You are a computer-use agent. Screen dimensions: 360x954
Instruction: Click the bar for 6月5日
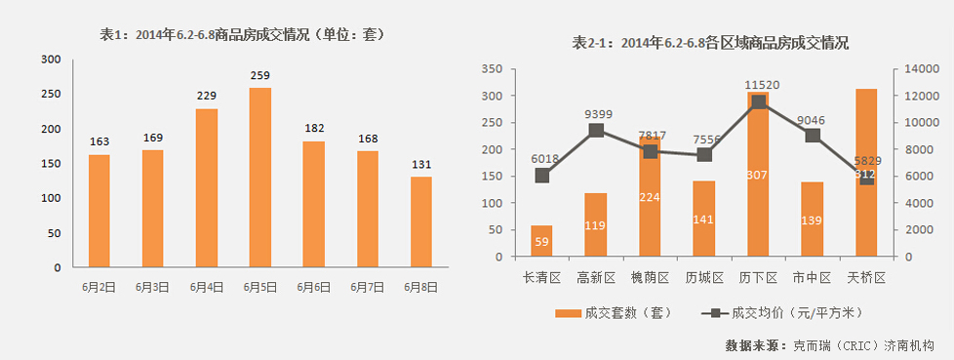point(260,177)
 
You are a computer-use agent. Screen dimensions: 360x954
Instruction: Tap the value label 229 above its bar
point(207,95)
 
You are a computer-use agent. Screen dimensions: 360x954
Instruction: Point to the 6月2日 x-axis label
point(99,287)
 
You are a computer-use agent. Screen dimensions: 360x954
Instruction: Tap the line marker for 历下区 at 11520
point(758,102)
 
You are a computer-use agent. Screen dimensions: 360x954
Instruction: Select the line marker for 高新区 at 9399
point(596,131)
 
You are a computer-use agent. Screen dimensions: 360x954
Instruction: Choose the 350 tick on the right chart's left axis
point(491,69)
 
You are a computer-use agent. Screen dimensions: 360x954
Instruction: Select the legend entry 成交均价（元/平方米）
point(780,313)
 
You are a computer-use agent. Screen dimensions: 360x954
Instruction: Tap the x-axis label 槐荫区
point(650,278)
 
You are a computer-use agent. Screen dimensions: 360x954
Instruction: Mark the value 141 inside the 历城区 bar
point(704,220)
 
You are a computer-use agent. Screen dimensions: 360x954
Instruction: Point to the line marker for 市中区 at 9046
point(812,136)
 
